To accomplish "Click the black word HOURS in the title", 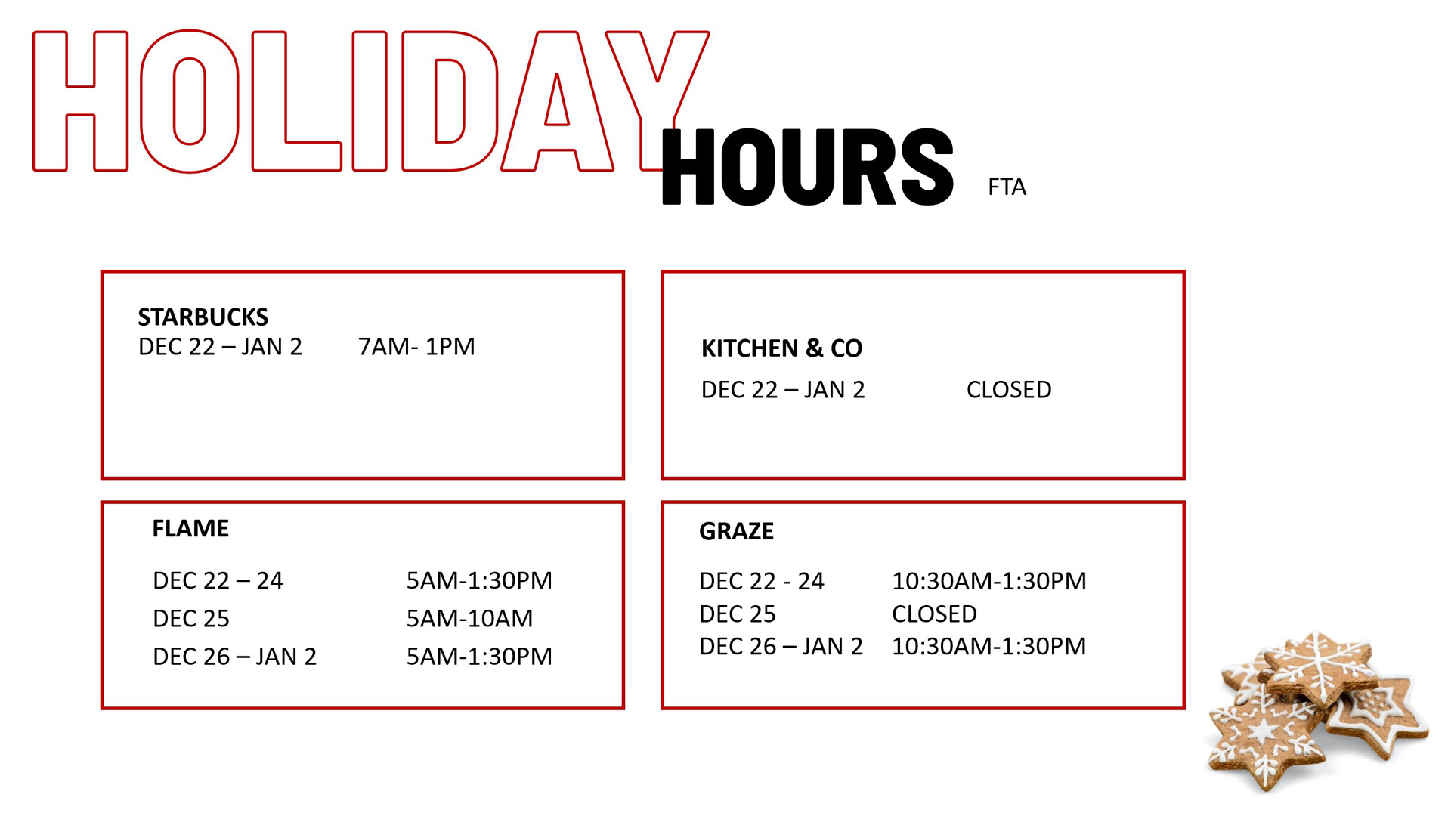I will click(807, 167).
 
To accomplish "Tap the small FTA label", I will click(1007, 187).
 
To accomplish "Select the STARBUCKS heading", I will click(203, 317).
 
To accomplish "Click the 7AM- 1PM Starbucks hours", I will click(416, 347).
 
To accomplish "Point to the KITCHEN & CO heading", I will click(781, 348).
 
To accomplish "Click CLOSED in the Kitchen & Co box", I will click(1009, 390).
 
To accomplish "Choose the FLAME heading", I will click(190, 528).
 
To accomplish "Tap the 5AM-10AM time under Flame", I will click(469, 619).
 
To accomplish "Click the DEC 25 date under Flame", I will click(191, 619).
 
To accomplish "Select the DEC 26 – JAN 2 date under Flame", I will click(234, 657).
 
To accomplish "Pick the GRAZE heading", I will click(736, 532).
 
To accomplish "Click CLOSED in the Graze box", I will click(934, 614).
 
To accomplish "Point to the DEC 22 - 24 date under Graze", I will click(761, 581).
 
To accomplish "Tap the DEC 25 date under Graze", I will click(738, 614).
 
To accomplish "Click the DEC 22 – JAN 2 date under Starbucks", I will click(220, 347).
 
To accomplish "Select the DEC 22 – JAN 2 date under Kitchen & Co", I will click(783, 390).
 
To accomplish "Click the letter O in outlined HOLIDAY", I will click(189, 101).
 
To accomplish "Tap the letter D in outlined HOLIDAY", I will click(449, 101).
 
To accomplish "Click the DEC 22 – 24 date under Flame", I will click(218, 581).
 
